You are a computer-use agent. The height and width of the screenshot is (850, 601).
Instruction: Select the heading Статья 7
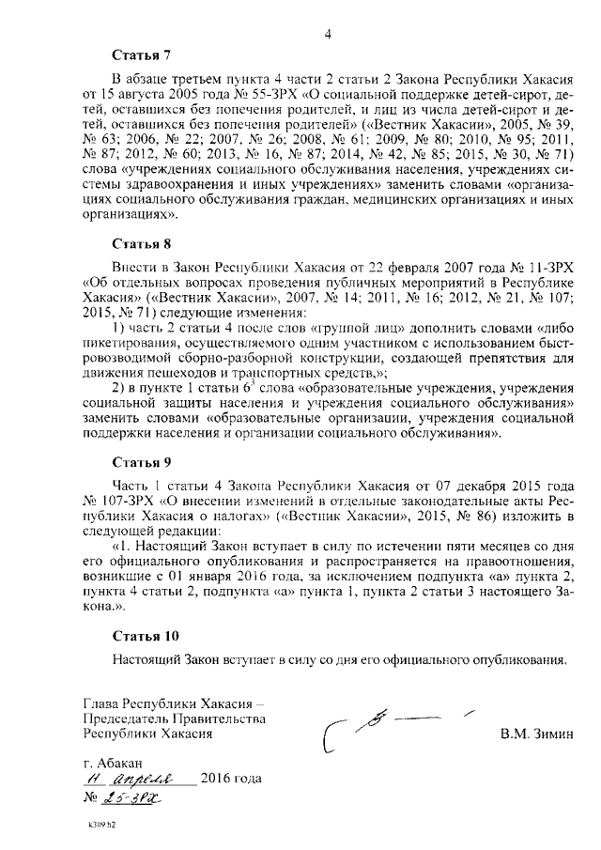(x=141, y=55)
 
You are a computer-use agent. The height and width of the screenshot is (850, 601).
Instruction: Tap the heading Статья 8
(x=141, y=244)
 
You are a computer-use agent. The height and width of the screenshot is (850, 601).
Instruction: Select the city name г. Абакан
(x=115, y=763)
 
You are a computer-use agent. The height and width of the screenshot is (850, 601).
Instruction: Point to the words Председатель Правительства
(x=174, y=719)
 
